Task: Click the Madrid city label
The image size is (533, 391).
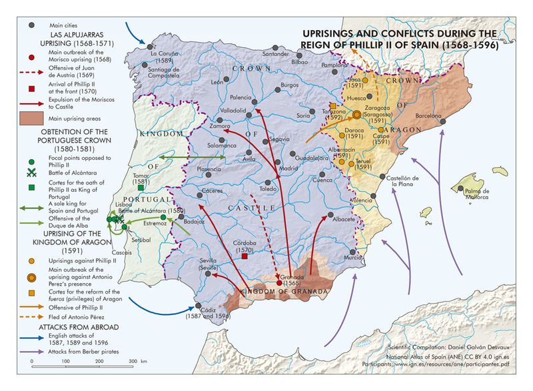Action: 287,169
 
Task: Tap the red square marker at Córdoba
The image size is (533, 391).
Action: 245,256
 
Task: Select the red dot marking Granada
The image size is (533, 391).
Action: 279,283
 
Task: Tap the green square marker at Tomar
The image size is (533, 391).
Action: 141,189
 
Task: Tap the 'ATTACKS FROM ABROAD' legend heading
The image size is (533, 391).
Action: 79,328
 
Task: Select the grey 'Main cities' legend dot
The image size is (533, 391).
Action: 31,25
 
